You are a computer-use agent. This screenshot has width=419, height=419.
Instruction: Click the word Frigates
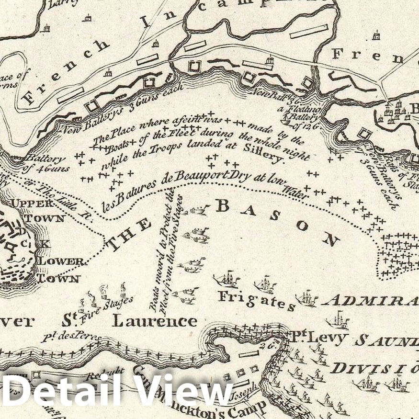[x=256, y=300]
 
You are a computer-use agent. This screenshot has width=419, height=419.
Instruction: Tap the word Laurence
[x=155, y=320]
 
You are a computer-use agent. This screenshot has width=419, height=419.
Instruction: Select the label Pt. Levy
[x=318, y=338]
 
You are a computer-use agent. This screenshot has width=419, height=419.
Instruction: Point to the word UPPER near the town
[x=32, y=203]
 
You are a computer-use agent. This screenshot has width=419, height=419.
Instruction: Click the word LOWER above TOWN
[x=61, y=261]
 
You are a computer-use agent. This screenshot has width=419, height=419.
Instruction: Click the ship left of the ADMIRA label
[x=306, y=299]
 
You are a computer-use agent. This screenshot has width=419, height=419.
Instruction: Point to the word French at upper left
[x=67, y=72]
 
